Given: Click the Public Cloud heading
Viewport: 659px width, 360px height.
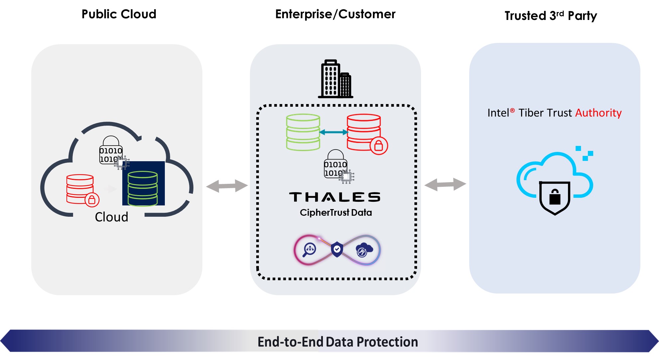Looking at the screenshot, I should pos(119,14).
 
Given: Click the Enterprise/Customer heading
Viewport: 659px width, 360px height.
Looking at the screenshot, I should pos(335,14).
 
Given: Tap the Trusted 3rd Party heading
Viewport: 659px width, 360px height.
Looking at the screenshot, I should pos(551,16).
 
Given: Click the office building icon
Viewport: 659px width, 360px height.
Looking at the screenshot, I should pos(335,79).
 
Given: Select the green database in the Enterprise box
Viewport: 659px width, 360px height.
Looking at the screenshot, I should pos(303,132).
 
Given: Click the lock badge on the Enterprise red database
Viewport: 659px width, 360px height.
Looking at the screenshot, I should pos(379,146).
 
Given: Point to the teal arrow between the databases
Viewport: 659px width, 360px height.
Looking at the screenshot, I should pos(333,132).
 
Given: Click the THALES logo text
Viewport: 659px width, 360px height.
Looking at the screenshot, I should pos(335,197).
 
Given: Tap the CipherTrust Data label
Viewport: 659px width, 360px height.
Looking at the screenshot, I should pos(336,212).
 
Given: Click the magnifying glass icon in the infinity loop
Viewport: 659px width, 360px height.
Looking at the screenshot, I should pos(309,250).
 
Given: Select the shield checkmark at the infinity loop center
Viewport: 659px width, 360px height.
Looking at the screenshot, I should pos(337,249).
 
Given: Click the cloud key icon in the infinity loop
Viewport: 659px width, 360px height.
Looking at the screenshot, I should pos(364,250).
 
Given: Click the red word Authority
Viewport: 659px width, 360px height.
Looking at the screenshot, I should pos(598,113).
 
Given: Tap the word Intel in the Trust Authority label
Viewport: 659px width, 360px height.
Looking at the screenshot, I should pos(498,113).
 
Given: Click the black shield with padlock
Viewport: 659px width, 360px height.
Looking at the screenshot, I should pos(555,197).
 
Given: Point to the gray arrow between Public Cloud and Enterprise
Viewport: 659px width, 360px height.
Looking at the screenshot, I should pos(227,186).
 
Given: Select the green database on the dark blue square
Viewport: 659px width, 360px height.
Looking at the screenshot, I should pos(143,188).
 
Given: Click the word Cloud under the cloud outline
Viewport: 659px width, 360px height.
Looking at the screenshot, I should pos(111,217).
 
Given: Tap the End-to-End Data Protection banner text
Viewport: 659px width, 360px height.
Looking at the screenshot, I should pos(338,342).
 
